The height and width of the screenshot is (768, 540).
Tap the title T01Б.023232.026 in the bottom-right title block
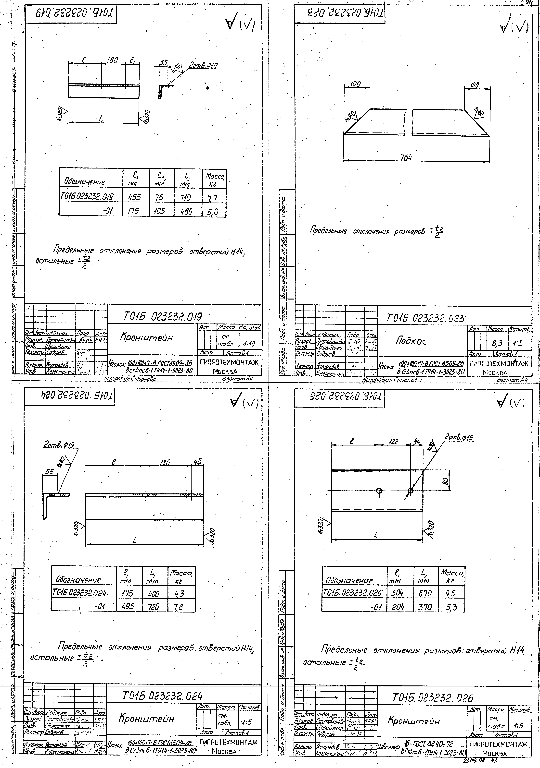coord(433,698)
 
